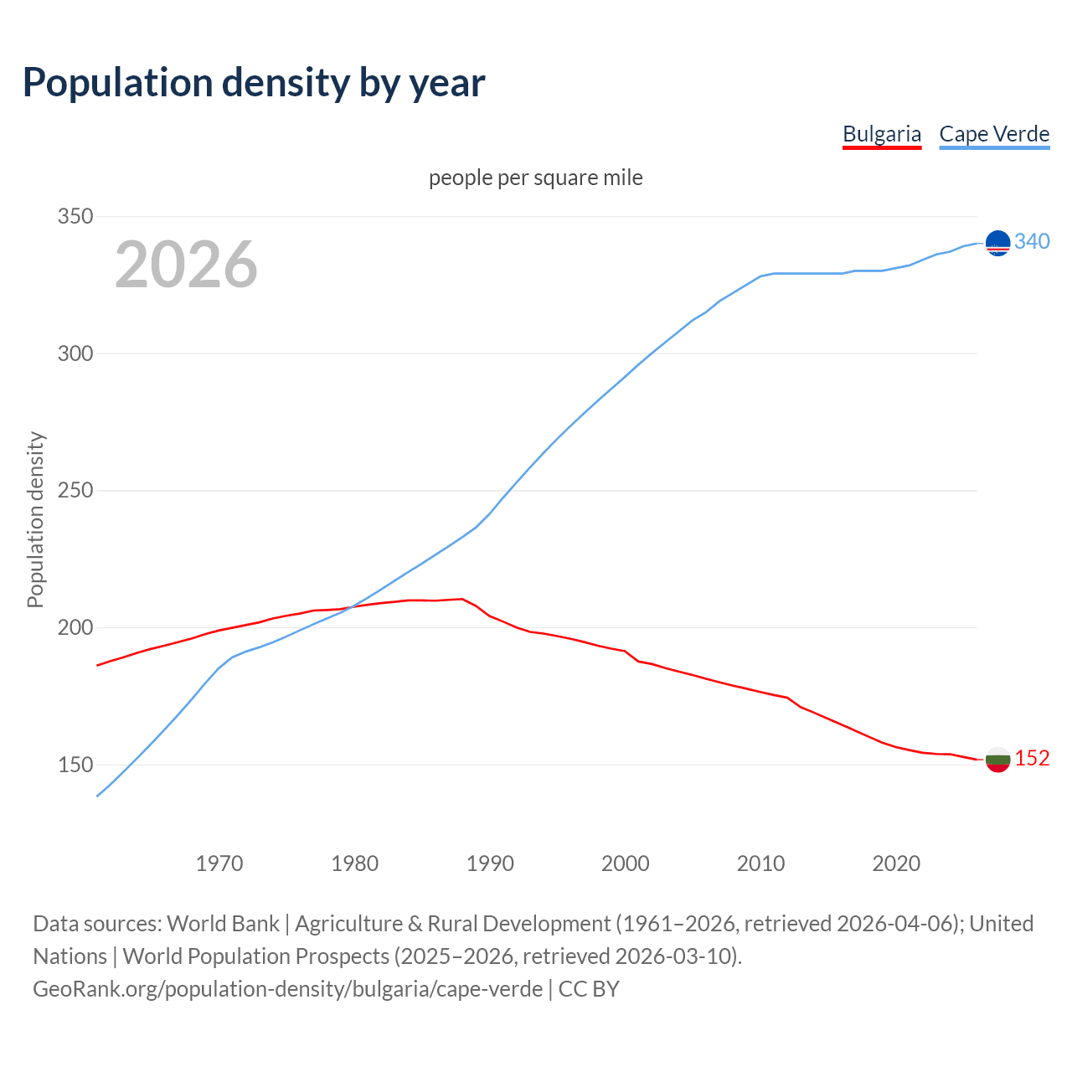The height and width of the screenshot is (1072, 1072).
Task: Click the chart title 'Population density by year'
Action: click(254, 82)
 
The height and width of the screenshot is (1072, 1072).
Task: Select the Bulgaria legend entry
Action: click(881, 134)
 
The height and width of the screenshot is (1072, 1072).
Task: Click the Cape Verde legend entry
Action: click(994, 134)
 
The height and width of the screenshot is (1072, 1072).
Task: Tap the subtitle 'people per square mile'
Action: click(535, 178)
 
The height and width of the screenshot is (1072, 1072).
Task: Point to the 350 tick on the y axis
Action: click(75, 216)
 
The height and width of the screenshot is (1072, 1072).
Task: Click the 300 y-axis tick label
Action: click(75, 353)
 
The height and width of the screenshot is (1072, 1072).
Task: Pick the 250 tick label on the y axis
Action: click(75, 491)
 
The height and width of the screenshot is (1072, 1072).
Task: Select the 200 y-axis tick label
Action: click(75, 627)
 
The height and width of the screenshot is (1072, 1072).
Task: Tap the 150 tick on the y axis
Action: click(75, 765)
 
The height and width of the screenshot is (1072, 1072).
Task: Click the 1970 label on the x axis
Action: click(219, 863)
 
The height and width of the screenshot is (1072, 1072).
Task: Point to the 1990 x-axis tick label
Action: click(490, 863)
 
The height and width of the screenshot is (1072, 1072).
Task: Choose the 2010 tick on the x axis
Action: click(760, 863)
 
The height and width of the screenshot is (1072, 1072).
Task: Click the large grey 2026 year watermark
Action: click(186, 265)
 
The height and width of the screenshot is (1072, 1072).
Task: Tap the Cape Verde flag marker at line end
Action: click(997, 243)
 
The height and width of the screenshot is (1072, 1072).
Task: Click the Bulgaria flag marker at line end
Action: click(997, 760)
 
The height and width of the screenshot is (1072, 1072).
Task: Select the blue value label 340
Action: click(1032, 241)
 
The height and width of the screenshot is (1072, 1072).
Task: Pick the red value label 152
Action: click(1032, 758)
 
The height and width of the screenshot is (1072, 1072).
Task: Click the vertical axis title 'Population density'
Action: click(35, 519)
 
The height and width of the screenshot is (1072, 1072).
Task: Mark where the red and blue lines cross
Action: click(350, 606)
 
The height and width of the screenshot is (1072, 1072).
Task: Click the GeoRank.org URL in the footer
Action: click(287, 988)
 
